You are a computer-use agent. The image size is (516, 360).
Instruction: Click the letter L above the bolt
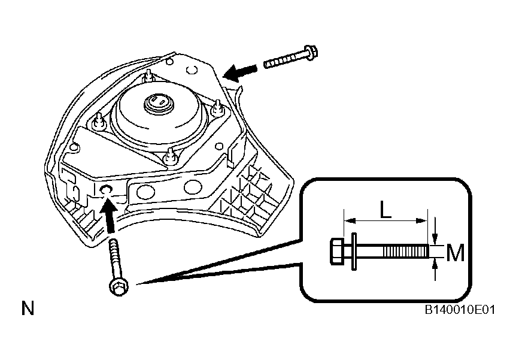tap(386, 209)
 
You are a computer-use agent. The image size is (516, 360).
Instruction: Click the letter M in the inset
tap(456, 253)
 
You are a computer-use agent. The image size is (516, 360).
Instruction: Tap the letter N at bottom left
tap(28, 308)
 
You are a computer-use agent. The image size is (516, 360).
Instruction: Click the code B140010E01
tap(460, 310)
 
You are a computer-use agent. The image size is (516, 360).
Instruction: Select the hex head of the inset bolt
tap(336, 251)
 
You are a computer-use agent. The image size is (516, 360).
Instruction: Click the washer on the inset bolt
tap(354, 252)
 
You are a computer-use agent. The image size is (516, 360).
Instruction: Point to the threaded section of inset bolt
tap(406, 252)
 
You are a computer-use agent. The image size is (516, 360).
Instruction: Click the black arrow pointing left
tap(239, 72)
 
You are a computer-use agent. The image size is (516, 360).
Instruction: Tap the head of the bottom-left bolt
tap(119, 287)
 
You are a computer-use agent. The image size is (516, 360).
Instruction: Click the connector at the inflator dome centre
tap(159, 104)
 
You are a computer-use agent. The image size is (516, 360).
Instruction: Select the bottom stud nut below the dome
tap(171, 156)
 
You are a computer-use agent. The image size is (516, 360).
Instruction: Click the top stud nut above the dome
tap(148, 77)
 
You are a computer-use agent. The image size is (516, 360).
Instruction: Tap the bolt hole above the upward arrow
tap(106, 189)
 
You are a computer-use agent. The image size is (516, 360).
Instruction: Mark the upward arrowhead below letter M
tap(435, 265)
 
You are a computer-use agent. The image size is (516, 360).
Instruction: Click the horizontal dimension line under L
tap(386, 220)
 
